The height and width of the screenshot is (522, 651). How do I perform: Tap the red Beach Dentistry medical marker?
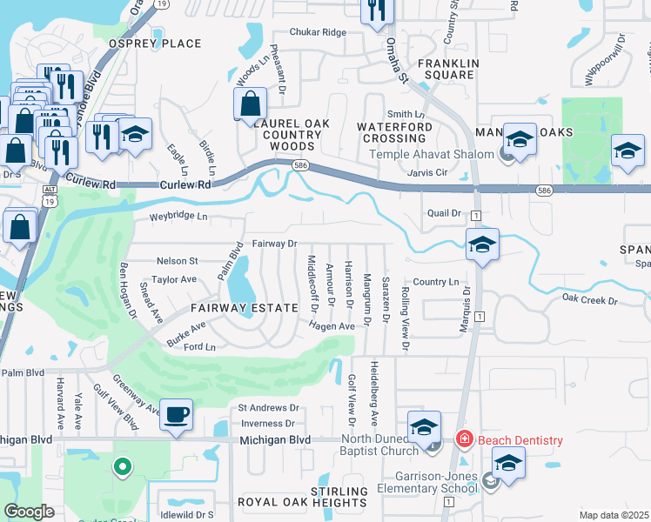click(465, 440)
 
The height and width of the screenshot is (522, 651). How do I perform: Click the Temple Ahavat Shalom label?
click(433, 155)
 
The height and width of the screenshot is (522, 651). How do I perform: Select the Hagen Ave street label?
click(330, 325)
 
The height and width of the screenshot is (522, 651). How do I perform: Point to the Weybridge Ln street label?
click(178, 216)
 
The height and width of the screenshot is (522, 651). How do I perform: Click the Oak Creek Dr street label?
click(589, 300)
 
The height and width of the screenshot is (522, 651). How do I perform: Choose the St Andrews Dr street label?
click(269, 407)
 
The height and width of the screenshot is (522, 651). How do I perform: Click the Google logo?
click(30, 512)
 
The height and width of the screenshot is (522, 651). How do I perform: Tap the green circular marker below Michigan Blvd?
click(123, 467)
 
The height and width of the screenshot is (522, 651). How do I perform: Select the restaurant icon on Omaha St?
click(377, 10)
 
